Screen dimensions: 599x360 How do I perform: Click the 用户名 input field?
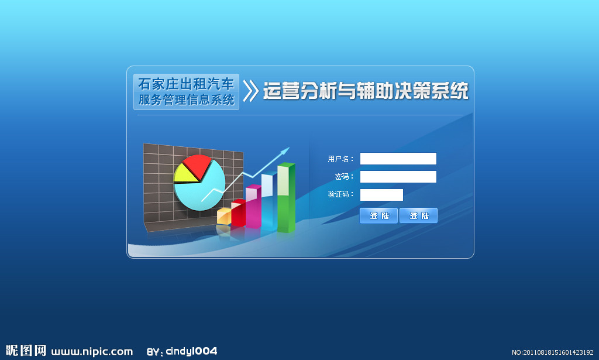point(398,159)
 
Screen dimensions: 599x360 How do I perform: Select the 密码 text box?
point(398,177)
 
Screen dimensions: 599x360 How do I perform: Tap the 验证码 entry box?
point(381,195)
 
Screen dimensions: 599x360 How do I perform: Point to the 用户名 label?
point(338,159)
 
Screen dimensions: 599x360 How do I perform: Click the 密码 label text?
point(342,177)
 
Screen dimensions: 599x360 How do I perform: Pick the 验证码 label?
point(338,194)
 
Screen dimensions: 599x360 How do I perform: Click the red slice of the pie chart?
point(197,166)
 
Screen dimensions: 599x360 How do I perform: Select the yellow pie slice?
point(185,175)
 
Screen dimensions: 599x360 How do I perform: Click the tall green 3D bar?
point(286,198)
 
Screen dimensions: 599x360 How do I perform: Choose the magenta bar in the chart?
point(253,207)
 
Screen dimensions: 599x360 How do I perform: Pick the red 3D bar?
point(239,213)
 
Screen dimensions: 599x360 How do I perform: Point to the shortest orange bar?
point(224,217)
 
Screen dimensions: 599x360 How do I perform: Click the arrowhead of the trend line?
point(285,152)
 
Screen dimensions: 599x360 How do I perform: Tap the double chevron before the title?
point(250,91)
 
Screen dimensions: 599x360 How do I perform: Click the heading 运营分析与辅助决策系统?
point(366,91)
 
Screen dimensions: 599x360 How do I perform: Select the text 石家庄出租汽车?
point(186,84)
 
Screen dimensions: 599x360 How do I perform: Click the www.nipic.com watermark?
point(92,352)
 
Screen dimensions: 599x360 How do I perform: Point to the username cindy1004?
point(191,351)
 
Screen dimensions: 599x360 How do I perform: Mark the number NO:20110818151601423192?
point(552,352)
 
